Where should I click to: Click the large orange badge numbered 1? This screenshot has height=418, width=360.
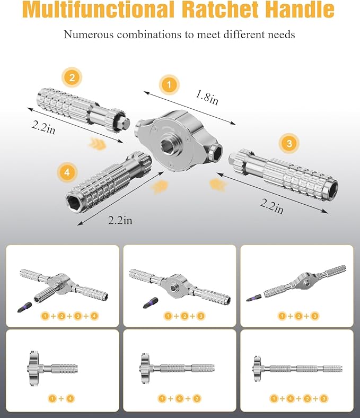(169, 84)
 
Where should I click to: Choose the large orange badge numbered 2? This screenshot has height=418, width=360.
(72, 78)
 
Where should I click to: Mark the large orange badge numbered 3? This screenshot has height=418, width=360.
(288, 143)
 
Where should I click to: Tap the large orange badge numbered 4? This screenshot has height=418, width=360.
(68, 173)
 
